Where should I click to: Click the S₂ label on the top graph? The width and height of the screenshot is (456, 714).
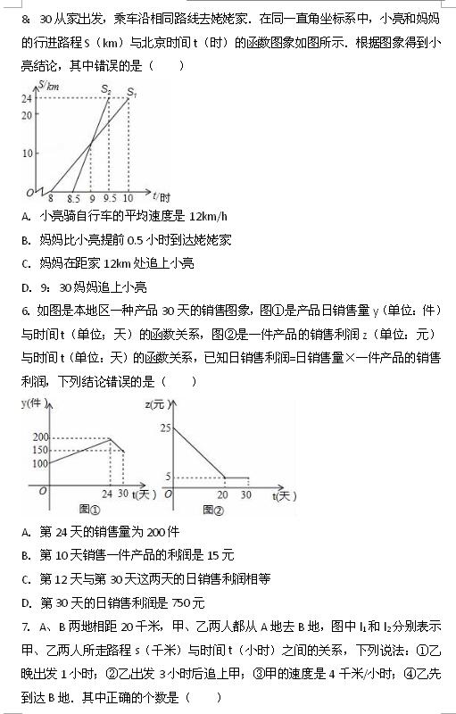coord(107,89)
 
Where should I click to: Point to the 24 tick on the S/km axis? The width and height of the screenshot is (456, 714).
coord(28,99)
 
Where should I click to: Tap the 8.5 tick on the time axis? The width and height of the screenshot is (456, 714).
coord(75,198)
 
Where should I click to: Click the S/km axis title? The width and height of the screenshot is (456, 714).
coord(47,86)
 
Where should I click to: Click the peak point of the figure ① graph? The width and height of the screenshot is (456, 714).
coord(110,437)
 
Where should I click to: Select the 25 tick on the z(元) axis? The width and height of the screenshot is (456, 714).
coord(166,429)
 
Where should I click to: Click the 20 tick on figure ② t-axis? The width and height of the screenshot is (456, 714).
coord(222,494)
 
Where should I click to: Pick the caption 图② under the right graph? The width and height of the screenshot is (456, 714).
coord(212,509)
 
